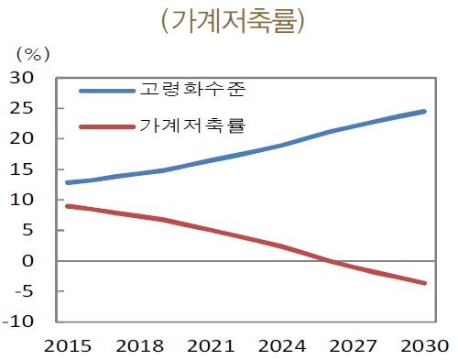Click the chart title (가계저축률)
(x=232, y=20)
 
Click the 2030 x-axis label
(x=422, y=346)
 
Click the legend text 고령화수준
(x=193, y=91)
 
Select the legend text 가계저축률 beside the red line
(x=193, y=124)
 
